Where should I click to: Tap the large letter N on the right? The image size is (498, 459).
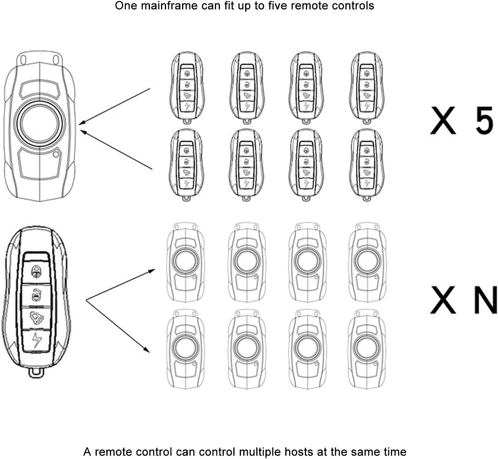point(485,300)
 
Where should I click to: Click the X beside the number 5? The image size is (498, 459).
point(443,120)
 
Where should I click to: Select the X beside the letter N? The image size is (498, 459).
point(443,300)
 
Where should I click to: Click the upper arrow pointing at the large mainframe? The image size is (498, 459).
point(115,107)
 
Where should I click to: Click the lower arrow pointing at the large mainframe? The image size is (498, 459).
point(115,149)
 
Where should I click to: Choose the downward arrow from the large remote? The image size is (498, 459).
point(117,326)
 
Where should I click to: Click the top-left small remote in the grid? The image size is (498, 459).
point(186,88)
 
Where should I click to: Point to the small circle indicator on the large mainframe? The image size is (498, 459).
point(56,154)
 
